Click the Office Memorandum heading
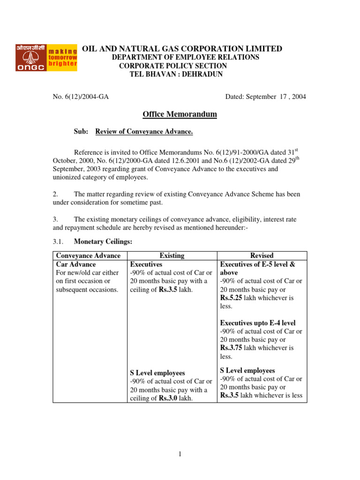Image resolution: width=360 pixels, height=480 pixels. click(180, 114)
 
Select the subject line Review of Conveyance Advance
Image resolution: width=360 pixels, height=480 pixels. click(144, 132)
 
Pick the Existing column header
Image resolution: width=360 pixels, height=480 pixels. click(172, 255)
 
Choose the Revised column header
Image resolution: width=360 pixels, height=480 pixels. click(262, 255)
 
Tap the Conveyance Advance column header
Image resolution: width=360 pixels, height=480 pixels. click(88, 255)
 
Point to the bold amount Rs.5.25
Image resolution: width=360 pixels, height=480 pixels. click(232, 298)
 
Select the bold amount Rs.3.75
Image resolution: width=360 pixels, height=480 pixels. click(232, 348)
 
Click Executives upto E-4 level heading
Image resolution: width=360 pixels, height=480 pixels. click(258, 323)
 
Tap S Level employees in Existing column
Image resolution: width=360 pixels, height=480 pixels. click(157, 373)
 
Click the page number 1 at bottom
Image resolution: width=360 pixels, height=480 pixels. click(180, 454)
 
